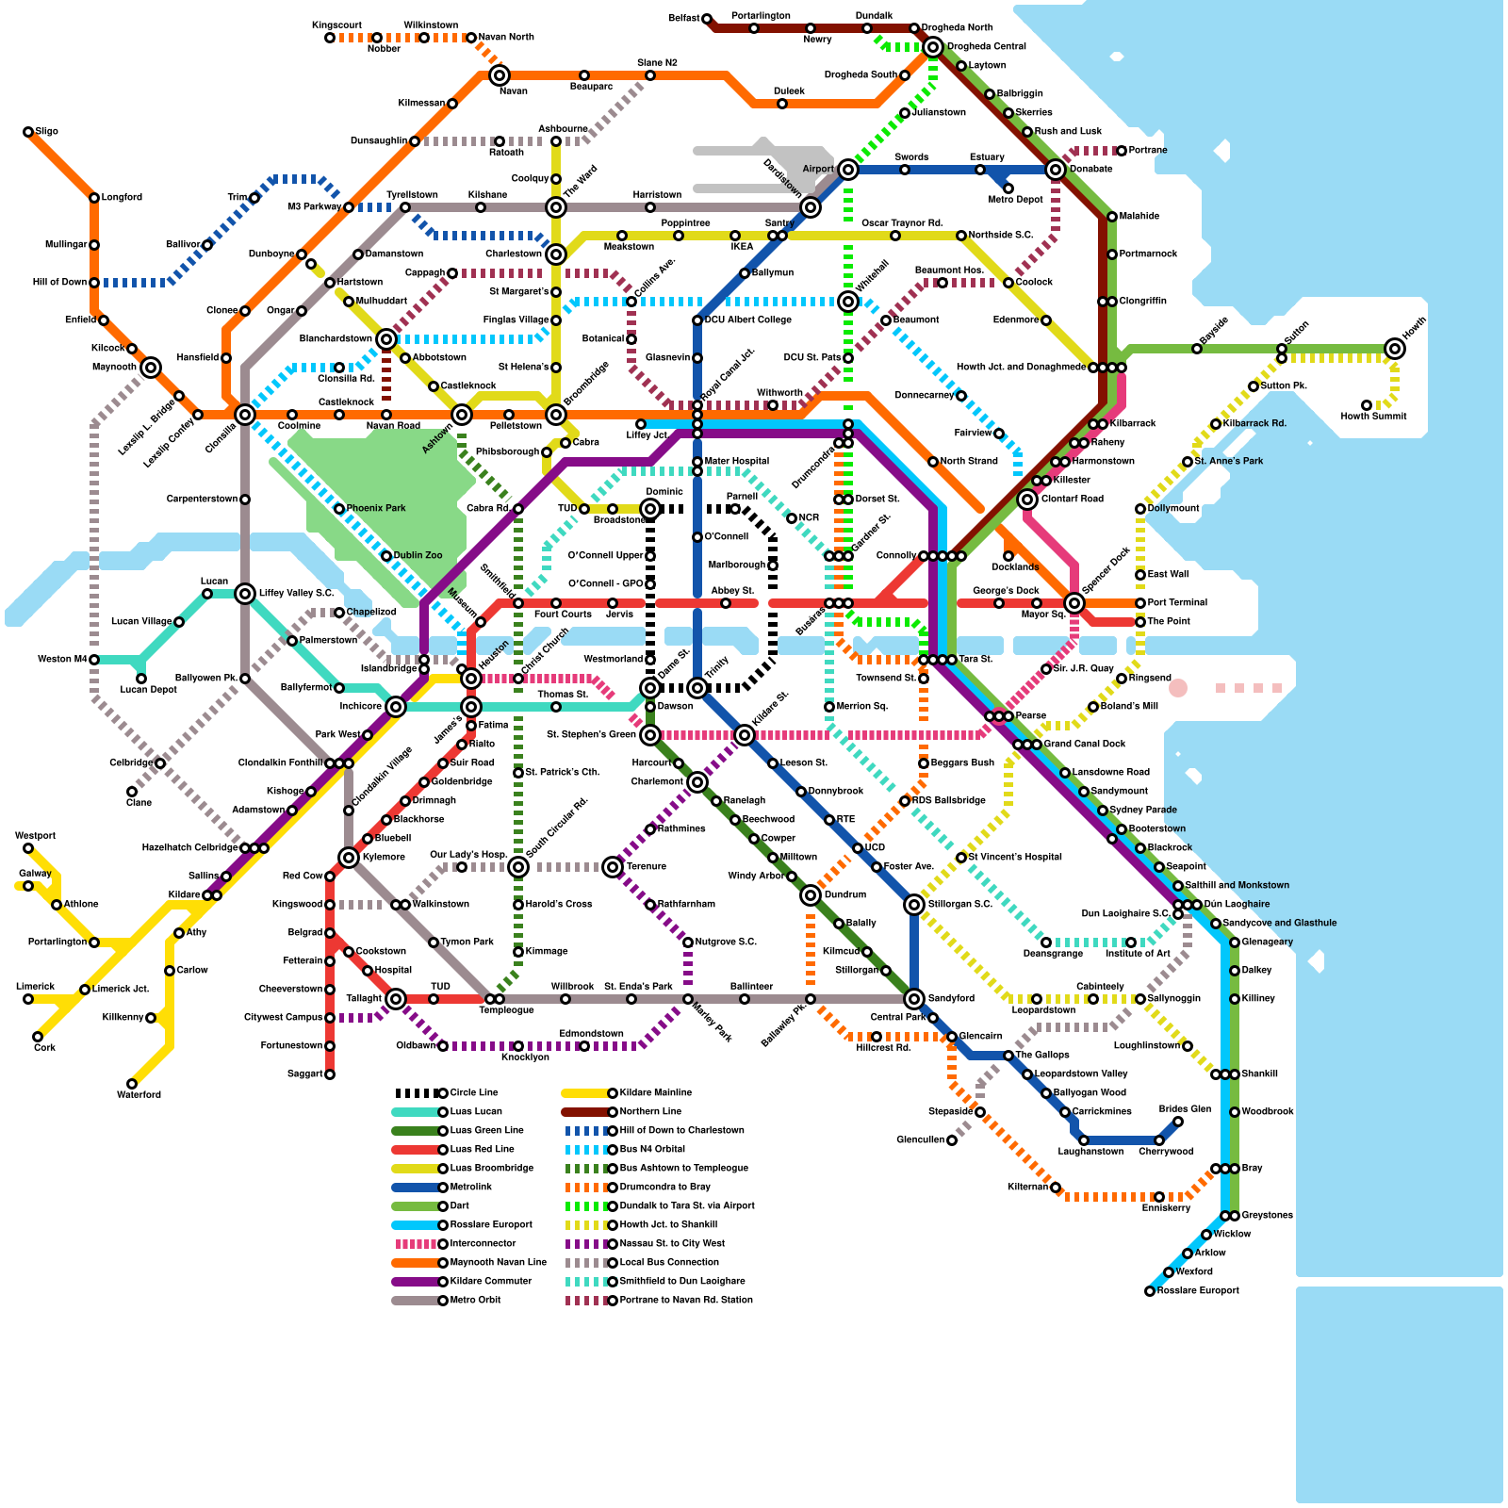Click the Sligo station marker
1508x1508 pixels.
(28, 132)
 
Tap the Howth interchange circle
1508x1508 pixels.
(1395, 349)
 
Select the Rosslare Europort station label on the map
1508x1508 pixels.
(1198, 1290)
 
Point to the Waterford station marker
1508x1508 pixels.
(132, 1084)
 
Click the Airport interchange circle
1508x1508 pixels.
(848, 170)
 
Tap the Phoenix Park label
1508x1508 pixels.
(376, 508)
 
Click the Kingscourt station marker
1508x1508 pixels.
(330, 38)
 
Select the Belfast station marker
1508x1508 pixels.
(707, 19)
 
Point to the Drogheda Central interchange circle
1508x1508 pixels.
(933, 47)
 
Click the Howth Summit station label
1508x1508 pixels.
(1373, 416)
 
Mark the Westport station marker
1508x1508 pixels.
(28, 848)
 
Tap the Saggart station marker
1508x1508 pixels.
(330, 1074)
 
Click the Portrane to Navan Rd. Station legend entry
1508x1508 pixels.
(659, 1300)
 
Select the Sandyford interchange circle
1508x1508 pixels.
(914, 999)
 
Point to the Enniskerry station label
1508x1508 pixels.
(1166, 1207)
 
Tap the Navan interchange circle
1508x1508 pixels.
(500, 75)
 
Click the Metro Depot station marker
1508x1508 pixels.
(1008, 188)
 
